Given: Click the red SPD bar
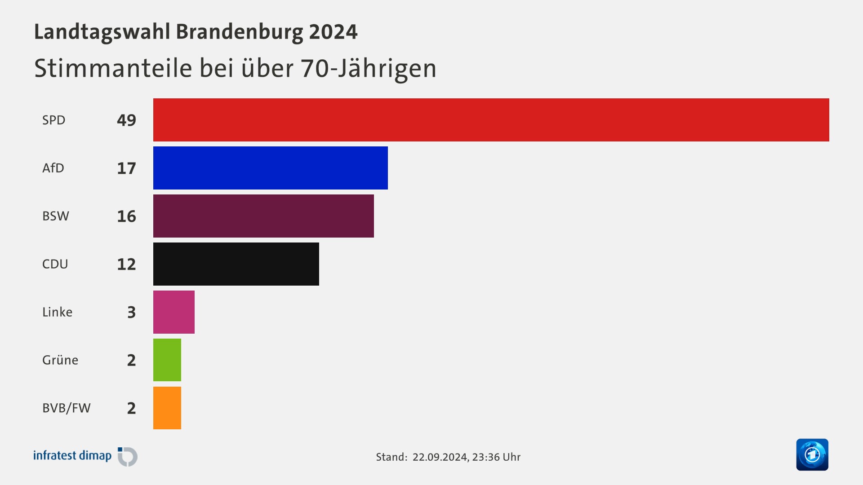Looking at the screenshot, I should (491, 120).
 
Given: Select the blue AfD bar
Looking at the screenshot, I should (270, 168).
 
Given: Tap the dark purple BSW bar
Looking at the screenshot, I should (263, 216).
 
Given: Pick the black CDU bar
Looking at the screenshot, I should (236, 264).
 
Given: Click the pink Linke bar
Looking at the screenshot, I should (174, 312).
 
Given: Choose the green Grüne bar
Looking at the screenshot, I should (167, 360).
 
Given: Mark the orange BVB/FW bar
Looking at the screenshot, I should (167, 408).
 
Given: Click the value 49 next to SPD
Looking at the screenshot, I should (126, 120).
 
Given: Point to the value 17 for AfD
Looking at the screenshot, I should (126, 168).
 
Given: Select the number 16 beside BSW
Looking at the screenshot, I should (126, 216).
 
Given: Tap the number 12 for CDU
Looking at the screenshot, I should (126, 265).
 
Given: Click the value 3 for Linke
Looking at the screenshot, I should (131, 312).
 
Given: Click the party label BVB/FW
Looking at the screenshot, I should (67, 408).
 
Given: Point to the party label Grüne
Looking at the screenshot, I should (60, 360).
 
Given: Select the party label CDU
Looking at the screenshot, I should (55, 264).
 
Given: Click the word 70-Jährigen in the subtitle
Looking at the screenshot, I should (369, 69).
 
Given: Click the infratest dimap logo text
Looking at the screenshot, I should (72, 456).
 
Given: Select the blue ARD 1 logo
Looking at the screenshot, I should (812, 454).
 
